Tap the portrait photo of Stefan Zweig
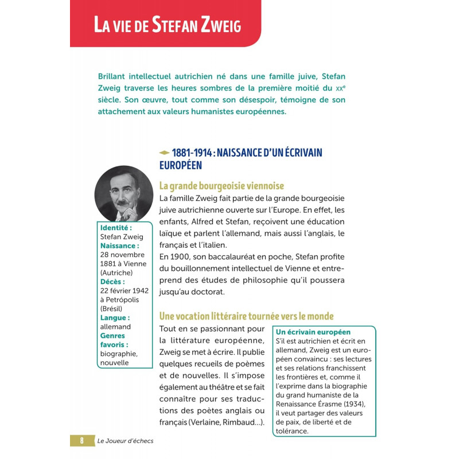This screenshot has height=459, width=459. (x=123, y=194)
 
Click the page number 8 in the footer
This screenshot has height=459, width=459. (x=81, y=441)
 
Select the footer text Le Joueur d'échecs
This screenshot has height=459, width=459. (x=125, y=441)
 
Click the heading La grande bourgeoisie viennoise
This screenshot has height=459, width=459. (x=221, y=186)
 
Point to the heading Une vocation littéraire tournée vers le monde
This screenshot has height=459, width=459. (x=246, y=316)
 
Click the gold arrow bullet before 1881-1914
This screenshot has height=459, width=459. (x=164, y=153)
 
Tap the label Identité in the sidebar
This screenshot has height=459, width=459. (x=116, y=227)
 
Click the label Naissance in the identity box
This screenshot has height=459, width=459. (x=120, y=246)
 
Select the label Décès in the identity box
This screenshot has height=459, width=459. (x=112, y=282)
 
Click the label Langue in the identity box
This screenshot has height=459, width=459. (x=115, y=318)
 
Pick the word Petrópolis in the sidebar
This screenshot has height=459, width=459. (x=125, y=299)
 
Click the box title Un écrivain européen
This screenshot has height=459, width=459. (x=313, y=332)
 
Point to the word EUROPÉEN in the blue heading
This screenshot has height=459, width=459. (x=181, y=165)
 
